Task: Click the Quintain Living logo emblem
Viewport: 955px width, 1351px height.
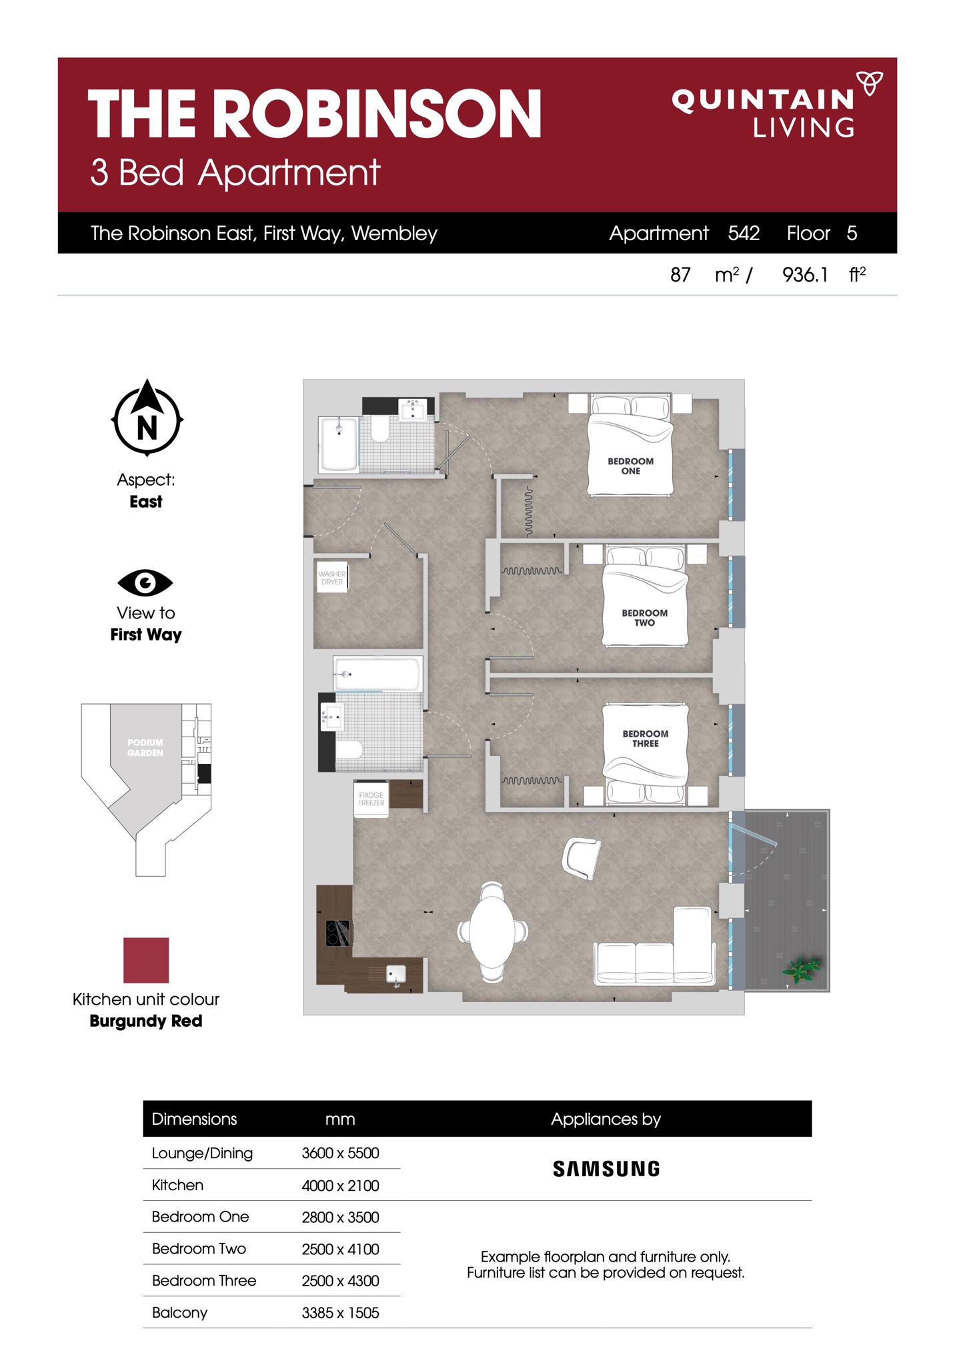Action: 869,83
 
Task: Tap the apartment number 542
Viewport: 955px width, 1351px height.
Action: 744,233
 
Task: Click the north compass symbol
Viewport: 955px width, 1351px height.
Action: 147,418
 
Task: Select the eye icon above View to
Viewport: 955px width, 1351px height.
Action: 145,583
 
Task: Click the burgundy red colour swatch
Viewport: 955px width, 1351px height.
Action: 146,960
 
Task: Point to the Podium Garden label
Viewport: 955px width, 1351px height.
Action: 145,748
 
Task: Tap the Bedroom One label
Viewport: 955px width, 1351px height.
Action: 630,466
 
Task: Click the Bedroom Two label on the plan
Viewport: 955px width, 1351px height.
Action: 644,618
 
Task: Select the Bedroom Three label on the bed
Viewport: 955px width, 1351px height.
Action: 645,739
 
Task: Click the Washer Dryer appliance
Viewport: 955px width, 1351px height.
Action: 332,578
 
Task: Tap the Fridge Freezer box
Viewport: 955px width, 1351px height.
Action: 371,799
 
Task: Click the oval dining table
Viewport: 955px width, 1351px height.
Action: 493,932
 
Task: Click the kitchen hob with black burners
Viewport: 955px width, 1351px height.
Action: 337,933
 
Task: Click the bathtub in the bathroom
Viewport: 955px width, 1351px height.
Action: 377,674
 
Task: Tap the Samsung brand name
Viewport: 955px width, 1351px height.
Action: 606,1169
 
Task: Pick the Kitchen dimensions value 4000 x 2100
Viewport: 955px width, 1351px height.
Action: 340,1186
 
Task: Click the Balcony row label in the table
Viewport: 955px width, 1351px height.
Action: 179,1313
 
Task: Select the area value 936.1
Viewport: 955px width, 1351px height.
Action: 805,274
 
